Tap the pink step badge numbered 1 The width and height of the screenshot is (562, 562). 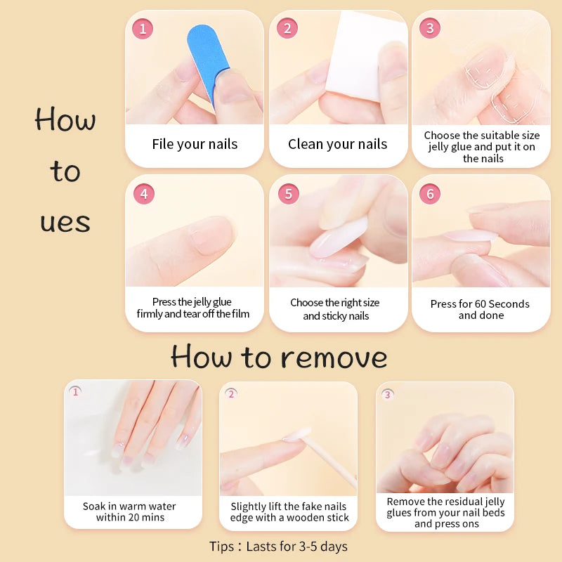[x=143, y=29]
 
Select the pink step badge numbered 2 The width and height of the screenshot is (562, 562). [x=287, y=29]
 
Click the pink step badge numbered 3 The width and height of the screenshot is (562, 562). [x=430, y=29]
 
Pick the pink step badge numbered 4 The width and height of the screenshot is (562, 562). [x=143, y=194]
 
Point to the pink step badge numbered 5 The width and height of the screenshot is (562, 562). [x=288, y=194]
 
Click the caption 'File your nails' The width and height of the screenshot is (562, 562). [x=195, y=145]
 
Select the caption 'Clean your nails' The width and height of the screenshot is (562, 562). [x=337, y=145]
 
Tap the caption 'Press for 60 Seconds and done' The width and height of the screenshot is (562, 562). [x=481, y=310]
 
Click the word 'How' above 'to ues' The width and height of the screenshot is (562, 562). [x=65, y=119]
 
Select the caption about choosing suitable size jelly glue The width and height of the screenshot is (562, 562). [x=482, y=147]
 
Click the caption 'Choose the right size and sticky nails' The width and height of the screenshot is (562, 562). [x=335, y=309]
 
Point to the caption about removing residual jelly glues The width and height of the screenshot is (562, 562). [x=445, y=513]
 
